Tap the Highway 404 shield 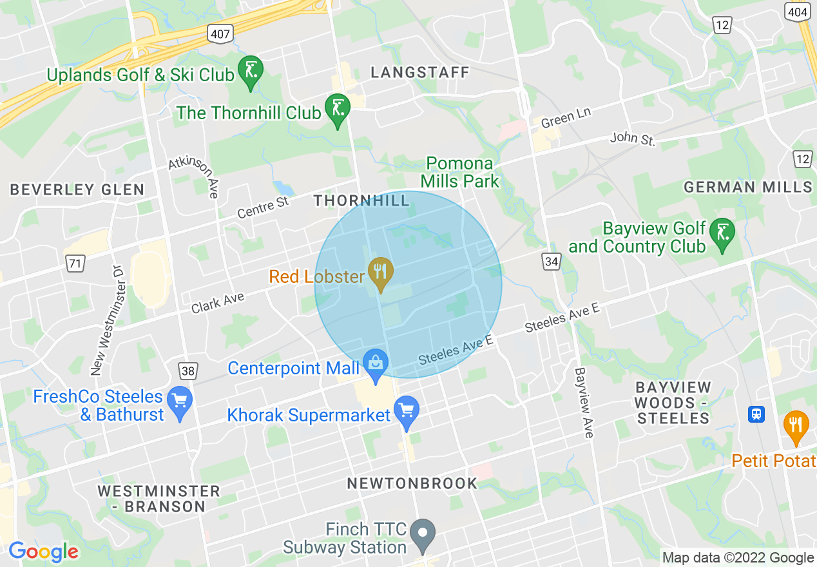(x=797, y=12)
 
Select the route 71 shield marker (x=75, y=263)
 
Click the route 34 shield (x=551, y=261)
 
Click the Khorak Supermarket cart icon (x=407, y=411)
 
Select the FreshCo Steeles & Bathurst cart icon (x=180, y=402)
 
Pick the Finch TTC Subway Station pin (x=423, y=534)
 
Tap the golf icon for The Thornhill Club (x=337, y=110)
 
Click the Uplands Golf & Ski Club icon (x=250, y=72)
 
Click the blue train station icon (x=756, y=414)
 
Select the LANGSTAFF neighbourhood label (x=420, y=72)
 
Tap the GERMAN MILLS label (x=748, y=187)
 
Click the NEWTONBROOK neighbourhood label (x=412, y=483)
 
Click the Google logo (x=43, y=552)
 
